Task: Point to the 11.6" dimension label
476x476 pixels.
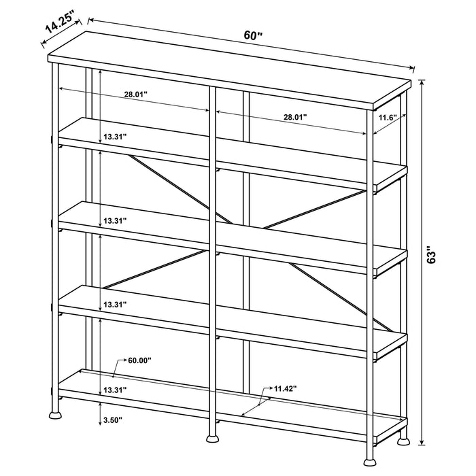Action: (x=388, y=118)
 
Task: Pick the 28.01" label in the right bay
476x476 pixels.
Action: (x=295, y=117)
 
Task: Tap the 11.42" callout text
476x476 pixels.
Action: (x=286, y=389)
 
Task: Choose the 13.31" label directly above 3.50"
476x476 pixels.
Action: (x=115, y=390)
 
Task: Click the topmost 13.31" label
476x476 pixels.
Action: (x=115, y=137)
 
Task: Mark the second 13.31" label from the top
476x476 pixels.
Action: (x=115, y=221)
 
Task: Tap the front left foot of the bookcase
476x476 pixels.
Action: (x=54, y=413)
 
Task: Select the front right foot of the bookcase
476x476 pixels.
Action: (x=404, y=440)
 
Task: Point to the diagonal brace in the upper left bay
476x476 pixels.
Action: (x=170, y=184)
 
